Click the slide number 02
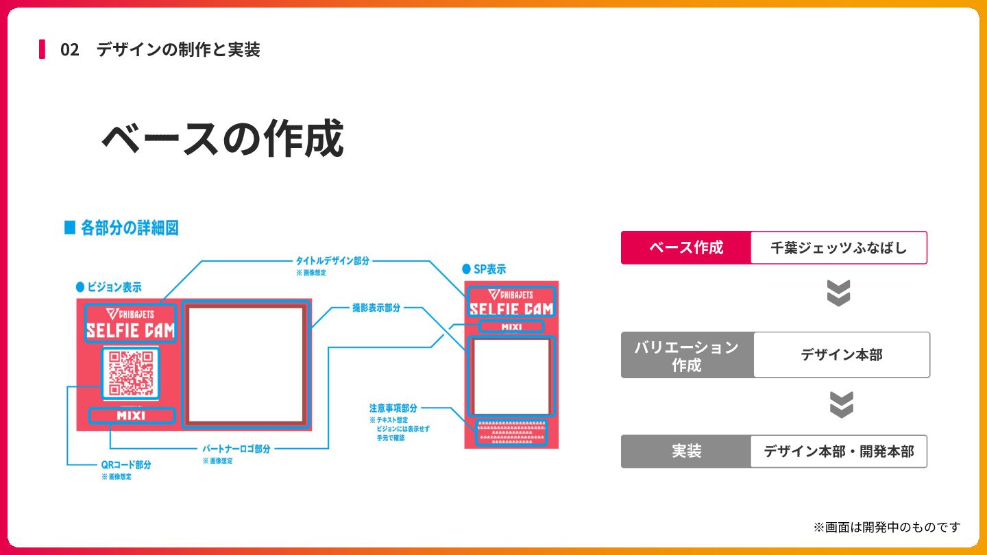pyautogui.click(x=70, y=50)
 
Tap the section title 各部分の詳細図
pyautogui.click(x=129, y=228)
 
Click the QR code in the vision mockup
pyautogui.click(x=131, y=373)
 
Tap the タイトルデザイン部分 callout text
pyautogui.click(x=332, y=261)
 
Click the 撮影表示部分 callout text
pyautogui.click(x=376, y=308)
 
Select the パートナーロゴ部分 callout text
pyautogui.click(x=236, y=449)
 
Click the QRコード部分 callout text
pyautogui.click(x=125, y=465)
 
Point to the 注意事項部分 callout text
pyautogui.click(x=393, y=408)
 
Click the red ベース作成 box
pyautogui.click(x=686, y=247)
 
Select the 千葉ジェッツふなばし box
pyautogui.click(x=838, y=247)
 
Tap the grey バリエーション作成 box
pyautogui.click(x=687, y=355)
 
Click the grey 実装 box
pyautogui.click(x=686, y=452)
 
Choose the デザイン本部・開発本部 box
pyautogui.click(x=838, y=452)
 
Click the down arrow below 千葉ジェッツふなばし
pyautogui.click(x=838, y=293)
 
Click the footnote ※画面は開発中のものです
pyautogui.click(x=886, y=527)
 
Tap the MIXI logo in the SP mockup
pyautogui.click(x=511, y=327)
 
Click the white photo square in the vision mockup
pyautogui.click(x=246, y=364)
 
